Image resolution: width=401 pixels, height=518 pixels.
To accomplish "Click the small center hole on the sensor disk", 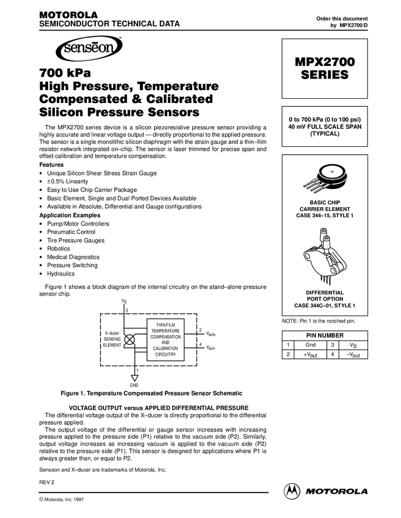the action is (331, 172).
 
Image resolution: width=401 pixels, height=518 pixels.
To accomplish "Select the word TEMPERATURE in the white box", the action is (165, 331).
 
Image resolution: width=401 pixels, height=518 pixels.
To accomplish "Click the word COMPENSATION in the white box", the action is (165, 337).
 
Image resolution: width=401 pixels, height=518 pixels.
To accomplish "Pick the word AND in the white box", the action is (165, 343).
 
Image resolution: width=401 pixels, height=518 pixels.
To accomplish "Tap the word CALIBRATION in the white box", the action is (165, 349).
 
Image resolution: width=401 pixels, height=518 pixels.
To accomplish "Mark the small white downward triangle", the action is (135, 378).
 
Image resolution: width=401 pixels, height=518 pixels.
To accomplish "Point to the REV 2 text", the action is (47, 481).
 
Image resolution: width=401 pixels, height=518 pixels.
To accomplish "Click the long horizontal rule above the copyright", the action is (153, 492).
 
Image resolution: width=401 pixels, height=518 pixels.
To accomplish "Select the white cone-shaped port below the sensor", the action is (327, 243).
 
